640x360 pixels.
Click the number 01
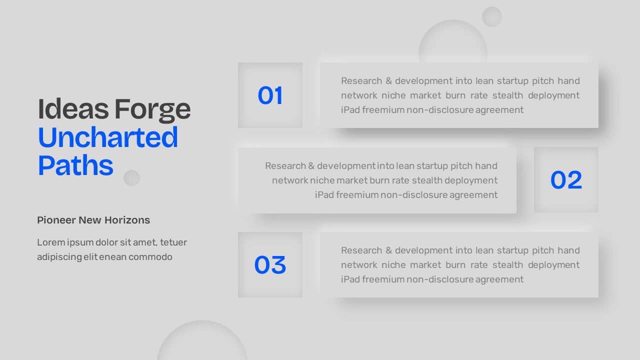(x=270, y=95)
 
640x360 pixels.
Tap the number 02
(x=566, y=180)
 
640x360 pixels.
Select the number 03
(x=270, y=265)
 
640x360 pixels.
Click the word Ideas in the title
(x=73, y=109)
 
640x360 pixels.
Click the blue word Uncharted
(x=107, y=137)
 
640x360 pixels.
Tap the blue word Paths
(x=75, y=165)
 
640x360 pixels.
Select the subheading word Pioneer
(x=55, y=220)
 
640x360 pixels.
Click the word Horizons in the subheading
(x=127, y=220)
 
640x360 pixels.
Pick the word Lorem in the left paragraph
(x=51, y=242)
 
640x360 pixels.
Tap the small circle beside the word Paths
(x=131, y=178)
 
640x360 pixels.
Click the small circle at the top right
(x=492, y=17)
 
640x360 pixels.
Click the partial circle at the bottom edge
(x=202, y=340)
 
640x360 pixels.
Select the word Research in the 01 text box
(x=361, y=81)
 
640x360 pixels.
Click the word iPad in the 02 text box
(x=324, y=195)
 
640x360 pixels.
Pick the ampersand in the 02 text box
(x=311, y=166)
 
